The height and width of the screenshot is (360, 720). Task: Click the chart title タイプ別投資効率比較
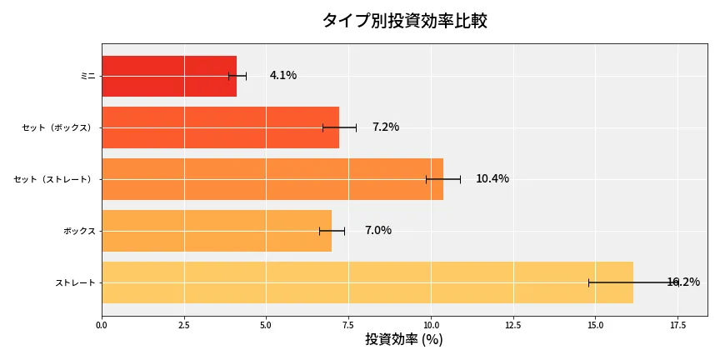[x=404, y=21]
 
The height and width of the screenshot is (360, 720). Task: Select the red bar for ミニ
[x=169, y=76]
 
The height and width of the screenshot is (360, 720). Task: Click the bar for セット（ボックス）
[x=220, y=127]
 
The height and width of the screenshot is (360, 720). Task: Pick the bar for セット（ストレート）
[x=272, y=179]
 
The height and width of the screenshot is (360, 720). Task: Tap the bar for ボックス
[x=217, y=231]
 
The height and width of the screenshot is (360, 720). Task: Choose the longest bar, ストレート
[x=367, y=282]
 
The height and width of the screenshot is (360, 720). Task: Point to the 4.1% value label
[x=283, y=76]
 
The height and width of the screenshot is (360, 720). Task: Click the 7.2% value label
[x=386, y=127]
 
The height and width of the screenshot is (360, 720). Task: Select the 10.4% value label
[x=492, y=179]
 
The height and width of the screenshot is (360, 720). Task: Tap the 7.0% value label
[x=378, y=231]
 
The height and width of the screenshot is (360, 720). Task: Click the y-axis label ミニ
[x=87, y=76]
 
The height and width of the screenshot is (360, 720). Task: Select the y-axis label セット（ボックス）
[x=58, y=127]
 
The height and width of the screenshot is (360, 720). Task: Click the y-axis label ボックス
[x=79, y=231]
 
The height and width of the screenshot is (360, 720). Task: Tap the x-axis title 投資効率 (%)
[x=404, y=340]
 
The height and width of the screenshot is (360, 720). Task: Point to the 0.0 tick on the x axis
[x=102, y=325]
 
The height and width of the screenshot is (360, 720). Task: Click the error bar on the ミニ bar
[x=237, y=76]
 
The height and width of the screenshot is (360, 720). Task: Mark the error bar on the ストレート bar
[x=633, y=282]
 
